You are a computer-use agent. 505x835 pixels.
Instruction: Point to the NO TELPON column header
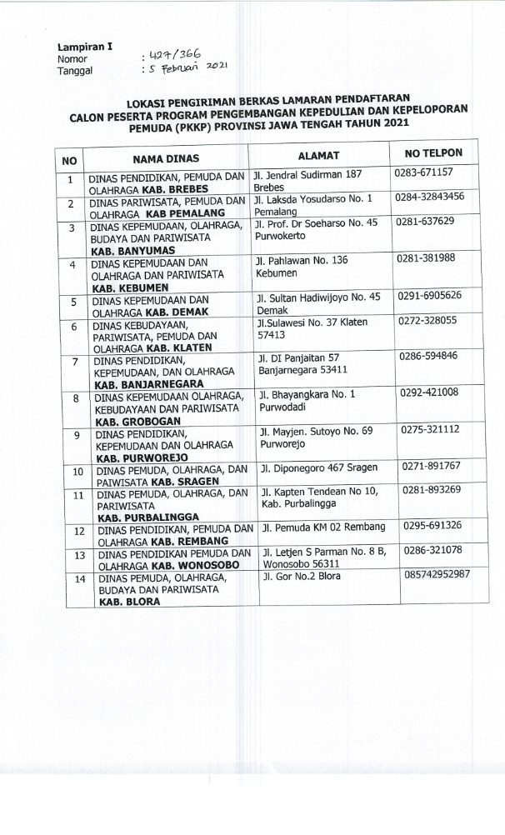(x=433, y=154)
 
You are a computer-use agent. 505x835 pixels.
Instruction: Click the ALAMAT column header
(x=319, y=156)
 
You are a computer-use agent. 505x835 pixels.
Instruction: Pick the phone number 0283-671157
(x=425, y=172)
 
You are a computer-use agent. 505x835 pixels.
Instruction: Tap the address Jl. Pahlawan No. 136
(x=302, y=261)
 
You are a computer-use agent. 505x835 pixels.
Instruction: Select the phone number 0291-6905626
(x=431, y=295)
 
